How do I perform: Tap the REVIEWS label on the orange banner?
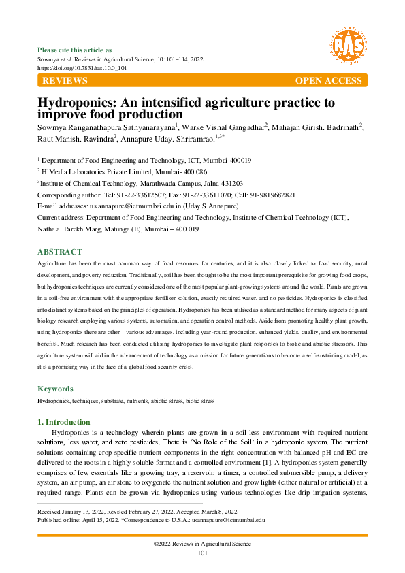pos(65,81)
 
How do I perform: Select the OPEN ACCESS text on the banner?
pos(328,81)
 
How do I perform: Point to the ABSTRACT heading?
pos(59,252)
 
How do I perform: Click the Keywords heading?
pos(54,389)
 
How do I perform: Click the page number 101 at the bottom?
pos(202,553)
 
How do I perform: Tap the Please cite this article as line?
pos(74,50)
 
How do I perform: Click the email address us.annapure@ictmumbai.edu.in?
pos(124,206)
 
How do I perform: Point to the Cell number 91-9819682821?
pos(270,195)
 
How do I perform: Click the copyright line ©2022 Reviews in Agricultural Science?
pos(202,544)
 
